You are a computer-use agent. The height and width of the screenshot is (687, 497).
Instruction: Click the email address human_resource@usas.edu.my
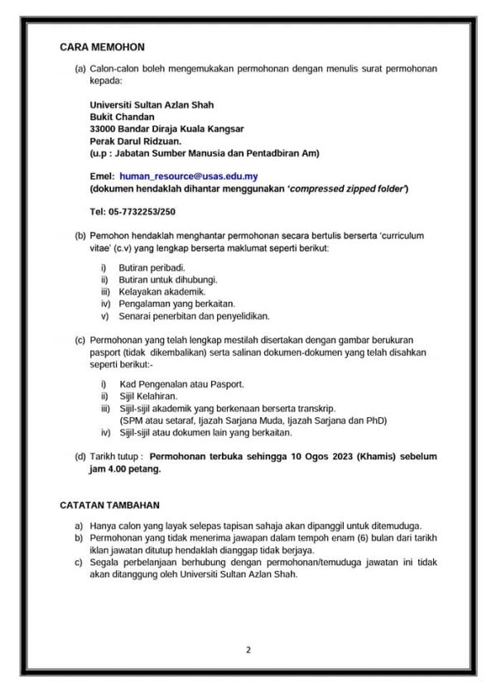[188, 176]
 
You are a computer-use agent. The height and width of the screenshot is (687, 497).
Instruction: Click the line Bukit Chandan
[122, 117]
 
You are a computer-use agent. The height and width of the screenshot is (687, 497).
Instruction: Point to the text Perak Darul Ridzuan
[135, 142]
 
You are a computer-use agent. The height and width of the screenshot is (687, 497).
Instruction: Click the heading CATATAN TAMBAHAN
[110, 504]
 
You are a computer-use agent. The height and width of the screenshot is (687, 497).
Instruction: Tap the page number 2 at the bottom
[248, 649]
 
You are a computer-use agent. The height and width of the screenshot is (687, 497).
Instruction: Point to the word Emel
[101, 176]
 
